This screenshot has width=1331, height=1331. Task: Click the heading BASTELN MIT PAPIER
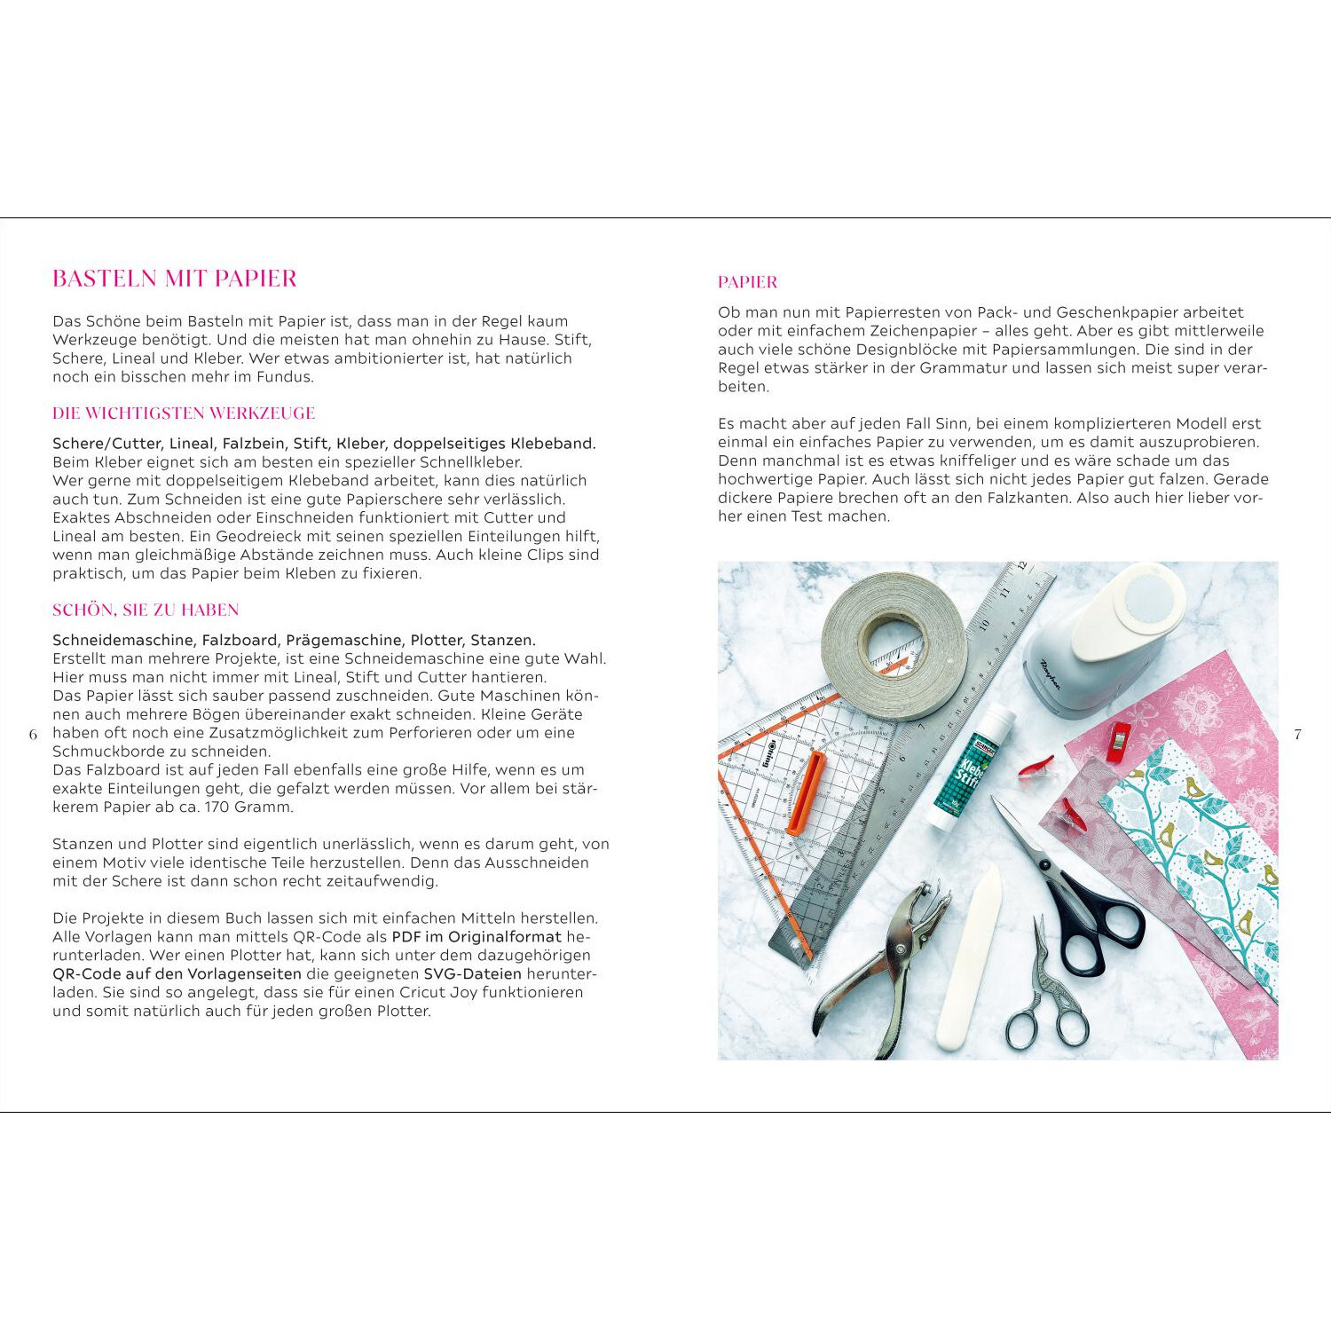175,279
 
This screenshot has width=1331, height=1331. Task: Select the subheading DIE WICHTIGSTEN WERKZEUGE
184,413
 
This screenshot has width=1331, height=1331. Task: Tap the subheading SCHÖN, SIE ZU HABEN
146,610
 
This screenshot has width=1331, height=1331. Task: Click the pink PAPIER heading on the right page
747,282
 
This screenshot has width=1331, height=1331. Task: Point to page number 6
33,735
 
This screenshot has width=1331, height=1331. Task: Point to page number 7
1297,735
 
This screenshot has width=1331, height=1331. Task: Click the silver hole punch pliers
878,967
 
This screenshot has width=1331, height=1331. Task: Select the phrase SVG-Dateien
472,974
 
